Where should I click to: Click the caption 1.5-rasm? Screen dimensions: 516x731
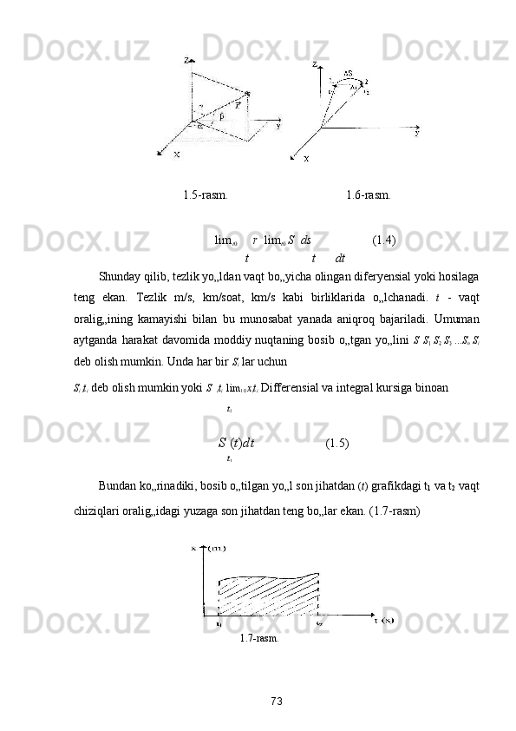[x=206, y=194]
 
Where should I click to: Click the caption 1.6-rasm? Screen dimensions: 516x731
[x=367, y=194]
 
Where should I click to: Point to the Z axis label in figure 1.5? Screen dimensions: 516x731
[x=187, y=61]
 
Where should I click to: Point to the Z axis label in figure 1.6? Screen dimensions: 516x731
[x=315, y=64]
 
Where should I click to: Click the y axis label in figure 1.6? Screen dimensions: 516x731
[x=417, y=134]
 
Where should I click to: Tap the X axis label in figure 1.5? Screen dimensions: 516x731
[x=176, y=155]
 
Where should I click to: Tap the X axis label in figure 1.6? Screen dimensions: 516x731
[x=305, y=159]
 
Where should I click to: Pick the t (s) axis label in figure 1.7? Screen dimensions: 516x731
[x=384, y=620]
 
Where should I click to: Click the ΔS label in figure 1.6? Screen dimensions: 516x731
[x=347, y=73]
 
